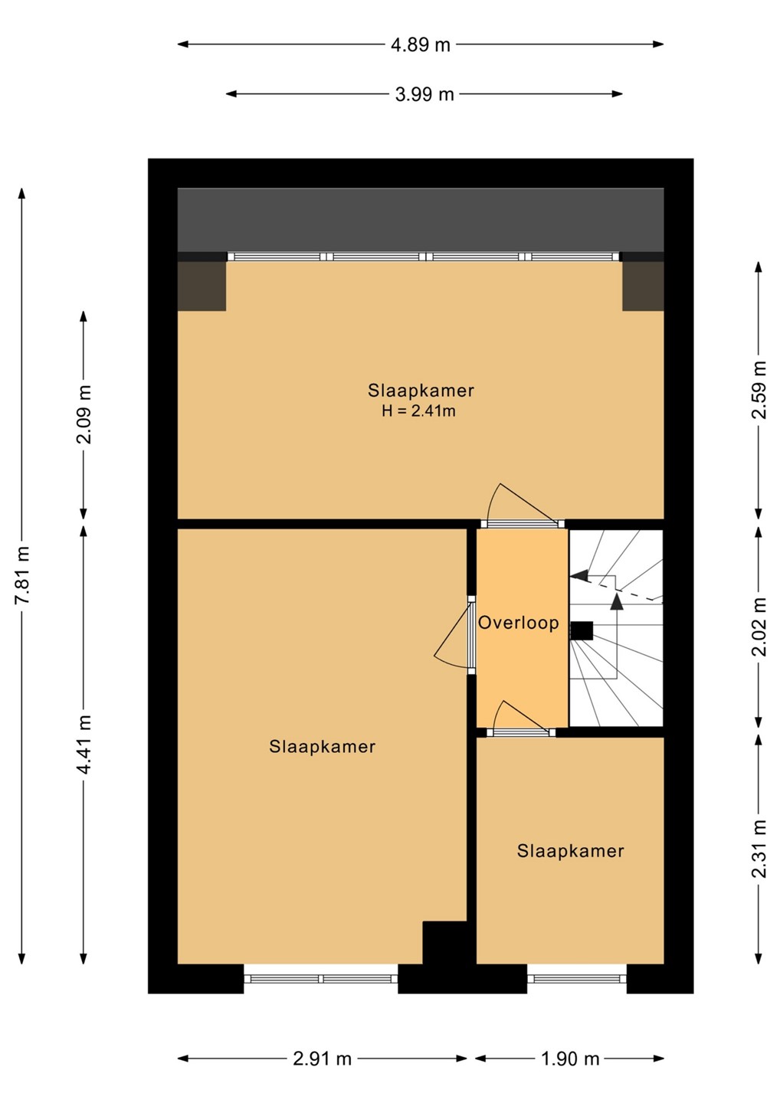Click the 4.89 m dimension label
420,44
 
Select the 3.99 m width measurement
424,94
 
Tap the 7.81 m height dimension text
22,574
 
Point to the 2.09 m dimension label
84,414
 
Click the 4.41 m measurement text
84,745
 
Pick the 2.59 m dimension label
759,389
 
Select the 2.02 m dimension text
759,627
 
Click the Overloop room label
519,623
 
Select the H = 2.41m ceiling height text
418,411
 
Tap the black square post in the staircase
582,630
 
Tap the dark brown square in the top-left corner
202,286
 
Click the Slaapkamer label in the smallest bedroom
570,851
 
